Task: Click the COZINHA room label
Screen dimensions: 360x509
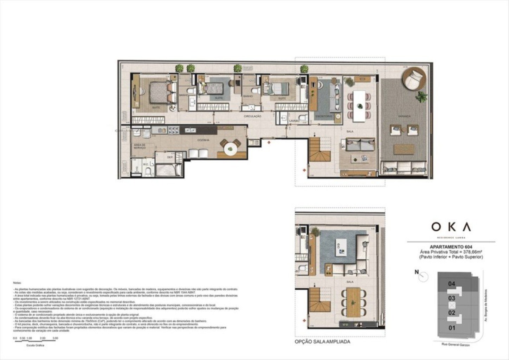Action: pyautogui.click(x=203, y=140)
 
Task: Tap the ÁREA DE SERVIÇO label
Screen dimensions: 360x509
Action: pyautogui.click(x=140, y=146)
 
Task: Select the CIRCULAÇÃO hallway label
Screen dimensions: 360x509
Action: pyautogui.click(x=252, y=116)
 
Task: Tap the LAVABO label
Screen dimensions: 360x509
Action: pyautogui.click(x=294, y=121)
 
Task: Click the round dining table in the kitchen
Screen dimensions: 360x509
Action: pyautogui.click(x=230, y=148)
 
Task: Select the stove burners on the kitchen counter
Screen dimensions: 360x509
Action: pyautogui.click(x=172, y=130)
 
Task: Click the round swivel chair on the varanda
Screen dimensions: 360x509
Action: pyautogui.click(x=415, y=79)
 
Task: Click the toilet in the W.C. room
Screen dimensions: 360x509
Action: pyautogui.click(x=148, y=172)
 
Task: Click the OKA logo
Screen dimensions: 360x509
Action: pyautogui.click(x=451, y=227)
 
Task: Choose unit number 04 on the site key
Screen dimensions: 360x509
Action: pyautogui.click(x=451, y=284)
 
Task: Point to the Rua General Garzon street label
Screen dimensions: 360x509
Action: pyautogui.click(x=456, y=345)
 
